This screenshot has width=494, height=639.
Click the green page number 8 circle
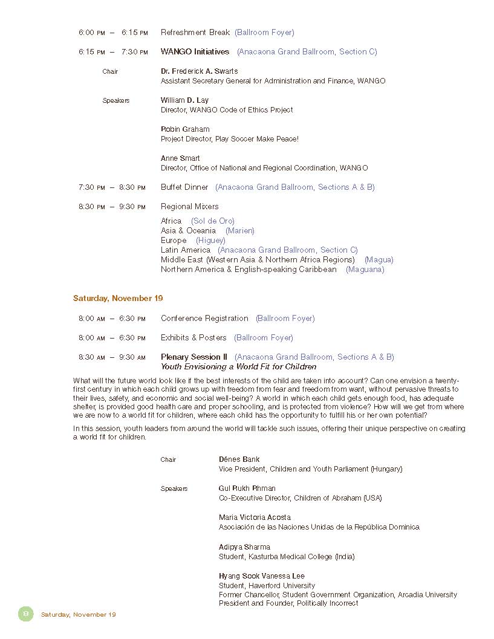(x=25, y=614)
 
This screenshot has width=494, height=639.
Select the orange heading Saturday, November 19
(x=118, y=299)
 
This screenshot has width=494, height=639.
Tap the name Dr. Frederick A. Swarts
(x=199, y=71)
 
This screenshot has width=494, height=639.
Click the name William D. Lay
(x=184, y=100)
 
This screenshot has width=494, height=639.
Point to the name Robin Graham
(x=185, y=129)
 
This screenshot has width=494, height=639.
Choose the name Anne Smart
(x=180, y=158)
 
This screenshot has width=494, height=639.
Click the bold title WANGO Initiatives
(x=195, y=52)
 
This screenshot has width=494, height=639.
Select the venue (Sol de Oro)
(x=212, y=221)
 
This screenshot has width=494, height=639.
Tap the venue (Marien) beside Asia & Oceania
(x=239, y=231)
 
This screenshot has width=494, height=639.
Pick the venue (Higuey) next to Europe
(x=210, y=241)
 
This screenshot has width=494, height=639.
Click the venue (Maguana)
(x=365, y=270)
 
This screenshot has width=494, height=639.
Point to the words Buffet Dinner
(x=184, y=187)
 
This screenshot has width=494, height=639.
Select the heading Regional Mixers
(x=189, y=207)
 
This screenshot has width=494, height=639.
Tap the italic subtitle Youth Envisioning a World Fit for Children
(x=238, y=367)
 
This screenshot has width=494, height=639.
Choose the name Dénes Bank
(x=239, y=459)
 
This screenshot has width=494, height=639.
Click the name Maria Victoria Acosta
(x=255, y=517)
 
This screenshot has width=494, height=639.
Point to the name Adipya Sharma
(x=244, y=547)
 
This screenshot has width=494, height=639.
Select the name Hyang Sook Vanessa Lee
(x=261, y=576)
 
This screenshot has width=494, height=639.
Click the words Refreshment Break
(x=195, y=33)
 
